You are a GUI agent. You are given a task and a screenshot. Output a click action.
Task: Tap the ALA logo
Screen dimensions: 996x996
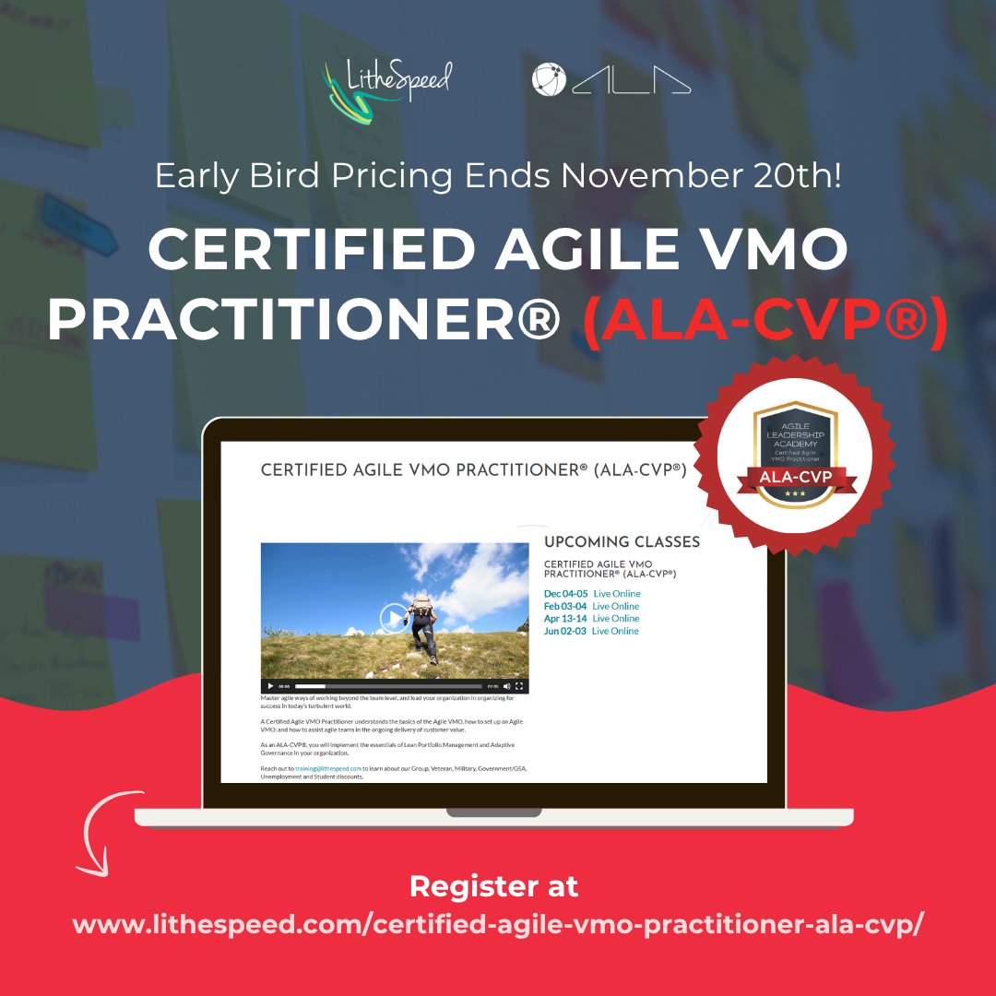point(611,80)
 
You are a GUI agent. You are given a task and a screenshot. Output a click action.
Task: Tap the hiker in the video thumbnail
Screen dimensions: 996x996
point(423,622)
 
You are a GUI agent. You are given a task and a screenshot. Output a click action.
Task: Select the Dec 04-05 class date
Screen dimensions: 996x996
point(565,594)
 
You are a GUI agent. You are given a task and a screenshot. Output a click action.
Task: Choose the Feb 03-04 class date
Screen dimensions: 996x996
point(565,606)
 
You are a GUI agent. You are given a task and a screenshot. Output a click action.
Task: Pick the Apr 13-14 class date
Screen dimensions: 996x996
point(565,619)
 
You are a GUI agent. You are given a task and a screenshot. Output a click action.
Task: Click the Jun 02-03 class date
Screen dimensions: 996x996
point(565,632)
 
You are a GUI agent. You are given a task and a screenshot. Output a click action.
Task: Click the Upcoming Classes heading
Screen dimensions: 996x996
point(622,542)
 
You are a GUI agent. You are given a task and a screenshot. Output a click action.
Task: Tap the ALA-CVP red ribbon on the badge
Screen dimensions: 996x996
point(794,477)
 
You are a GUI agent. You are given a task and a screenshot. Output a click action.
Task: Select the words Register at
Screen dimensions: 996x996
point(494,886)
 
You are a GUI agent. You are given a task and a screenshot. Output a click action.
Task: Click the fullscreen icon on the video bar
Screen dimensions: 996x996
point(519,686)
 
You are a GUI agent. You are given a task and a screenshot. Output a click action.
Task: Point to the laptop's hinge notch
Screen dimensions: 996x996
point(493,812)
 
